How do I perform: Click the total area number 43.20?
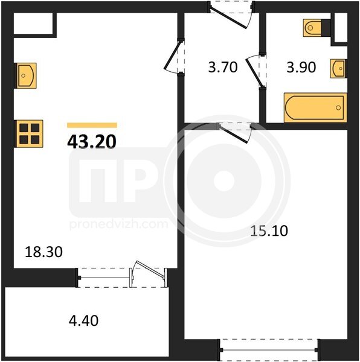point(92,142)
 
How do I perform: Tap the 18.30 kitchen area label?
point(43,252)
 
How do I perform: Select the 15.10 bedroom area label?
point(269,230)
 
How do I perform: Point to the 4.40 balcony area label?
point(83,320)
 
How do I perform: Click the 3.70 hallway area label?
point(223,67)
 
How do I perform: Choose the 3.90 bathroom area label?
point(301,68)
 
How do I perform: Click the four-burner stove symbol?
point(29,134)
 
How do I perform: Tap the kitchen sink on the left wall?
point(26,75)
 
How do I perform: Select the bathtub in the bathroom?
point(315,107)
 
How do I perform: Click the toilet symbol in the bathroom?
point(317,28)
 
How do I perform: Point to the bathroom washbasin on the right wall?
point(338,68)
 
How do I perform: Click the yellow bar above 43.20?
point(92,125)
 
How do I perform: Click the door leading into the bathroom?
point(256,72)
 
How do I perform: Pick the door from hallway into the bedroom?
point(235,133)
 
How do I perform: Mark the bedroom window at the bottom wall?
point(269,350)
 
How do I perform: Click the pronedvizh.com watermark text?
point(119,224)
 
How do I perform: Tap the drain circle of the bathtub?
point(338,107)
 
